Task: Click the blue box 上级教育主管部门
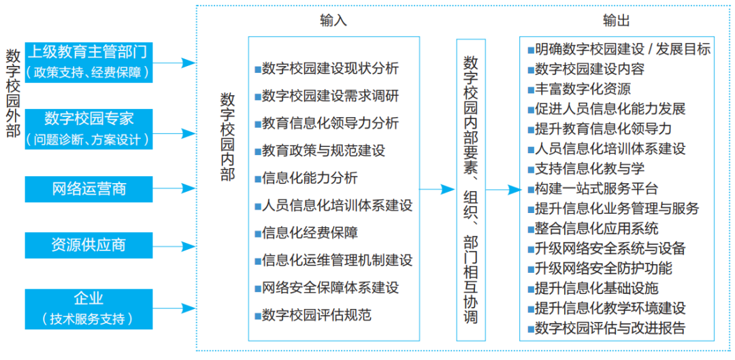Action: point(88,61)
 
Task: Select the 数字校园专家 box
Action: point(88,129)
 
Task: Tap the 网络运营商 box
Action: point(88,188)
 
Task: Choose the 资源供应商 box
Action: point(88,244)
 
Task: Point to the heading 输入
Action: point(333,20)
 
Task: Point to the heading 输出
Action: point(617,20)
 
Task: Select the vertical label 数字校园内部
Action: point(227,137)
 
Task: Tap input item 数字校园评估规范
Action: point(316,315)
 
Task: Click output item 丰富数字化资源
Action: point(582,88)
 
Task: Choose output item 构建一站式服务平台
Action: point(595,189)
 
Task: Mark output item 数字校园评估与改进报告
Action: point(609,328)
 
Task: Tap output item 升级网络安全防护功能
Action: point(602,268)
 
